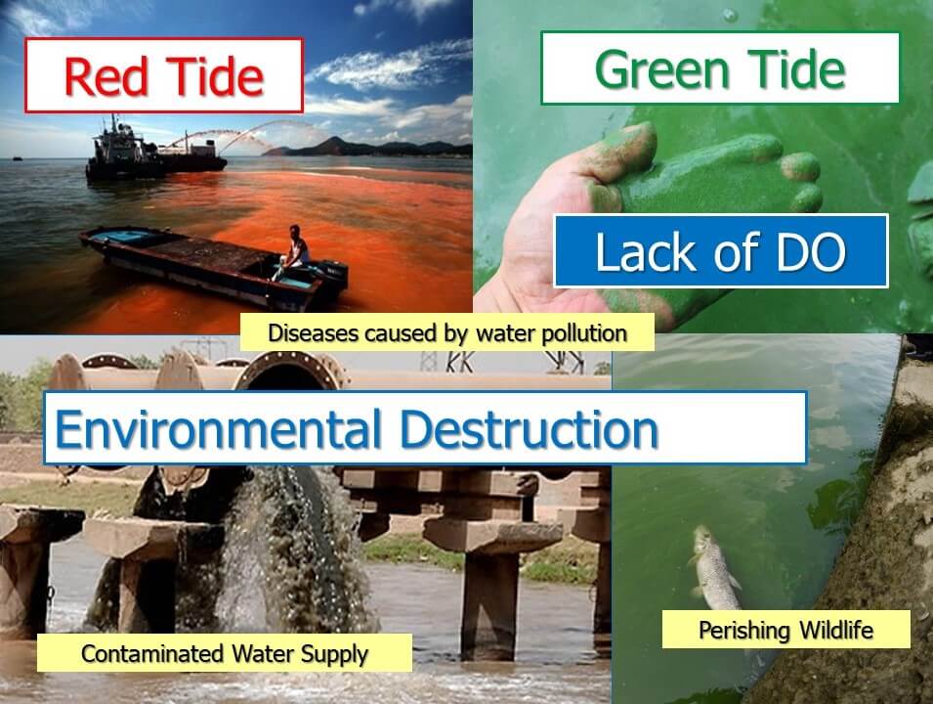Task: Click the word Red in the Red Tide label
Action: pos(106,76)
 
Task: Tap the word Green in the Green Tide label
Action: pos(662,69)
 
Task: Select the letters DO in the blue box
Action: pos(811,252)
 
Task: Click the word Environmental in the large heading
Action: pos(218,429)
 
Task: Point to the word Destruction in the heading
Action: pos(529,429)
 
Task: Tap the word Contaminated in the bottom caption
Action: pos(153,653)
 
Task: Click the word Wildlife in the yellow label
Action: pos(836,630)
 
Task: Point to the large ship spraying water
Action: pos(154,152)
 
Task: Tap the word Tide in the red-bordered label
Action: pos(215,76)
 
